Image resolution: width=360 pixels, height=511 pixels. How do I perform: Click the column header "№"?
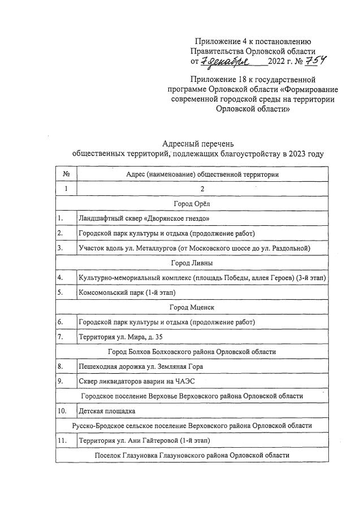coord(66,174)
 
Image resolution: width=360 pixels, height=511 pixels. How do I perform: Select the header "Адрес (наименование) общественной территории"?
coord(202,174)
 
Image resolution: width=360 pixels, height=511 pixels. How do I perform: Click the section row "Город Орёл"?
coord(191,203)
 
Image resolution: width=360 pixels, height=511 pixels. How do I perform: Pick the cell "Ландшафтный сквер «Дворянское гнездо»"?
coord(145,218)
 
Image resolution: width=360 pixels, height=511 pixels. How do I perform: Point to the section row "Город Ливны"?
coord(191,263)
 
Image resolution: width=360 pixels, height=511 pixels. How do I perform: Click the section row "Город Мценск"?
coord(191,307)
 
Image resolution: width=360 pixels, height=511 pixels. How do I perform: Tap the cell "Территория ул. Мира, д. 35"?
coord(117,337)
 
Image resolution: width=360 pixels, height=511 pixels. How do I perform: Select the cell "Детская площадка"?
coord(107,410)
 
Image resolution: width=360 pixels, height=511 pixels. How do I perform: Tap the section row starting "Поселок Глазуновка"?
coord(191,455)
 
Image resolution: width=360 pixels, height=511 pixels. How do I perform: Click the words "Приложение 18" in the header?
coord(221,80)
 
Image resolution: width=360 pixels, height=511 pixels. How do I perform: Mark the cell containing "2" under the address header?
coord(201,189)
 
